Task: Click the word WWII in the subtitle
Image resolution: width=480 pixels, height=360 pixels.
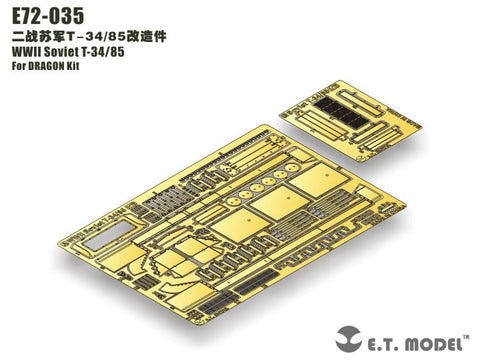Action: click(x=24, y=53)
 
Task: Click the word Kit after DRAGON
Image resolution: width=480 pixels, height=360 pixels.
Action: click(x=90, y=69)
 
